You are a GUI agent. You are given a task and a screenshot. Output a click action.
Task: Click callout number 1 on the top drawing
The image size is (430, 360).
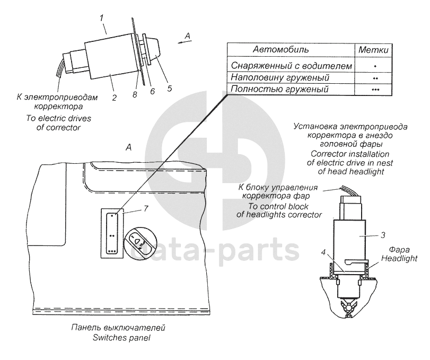pyautogui.click(x=102, y=19)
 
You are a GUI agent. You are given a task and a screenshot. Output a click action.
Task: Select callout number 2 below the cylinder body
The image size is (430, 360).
pyautogui.click(x=115, y=98)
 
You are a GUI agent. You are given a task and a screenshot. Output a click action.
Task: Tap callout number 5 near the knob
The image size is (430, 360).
pyautogui.click(x=170, y=89)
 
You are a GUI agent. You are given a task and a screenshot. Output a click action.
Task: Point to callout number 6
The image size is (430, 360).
pyautogui.click(x=153, y=91)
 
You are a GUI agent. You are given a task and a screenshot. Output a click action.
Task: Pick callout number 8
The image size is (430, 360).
pyautogui.click(x=135, y=94)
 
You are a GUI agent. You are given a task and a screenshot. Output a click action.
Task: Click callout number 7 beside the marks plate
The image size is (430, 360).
pyautogui.click(x=146, y=209)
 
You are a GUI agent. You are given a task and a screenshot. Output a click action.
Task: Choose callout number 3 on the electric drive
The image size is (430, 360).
pyautogui.click(x=383, y=235)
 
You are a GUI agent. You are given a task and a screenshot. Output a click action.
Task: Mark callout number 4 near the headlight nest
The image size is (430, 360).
pyautogui.click(x=323, y=252)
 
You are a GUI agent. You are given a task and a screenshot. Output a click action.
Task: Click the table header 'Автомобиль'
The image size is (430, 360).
pyautogui.click(x=280, y=49)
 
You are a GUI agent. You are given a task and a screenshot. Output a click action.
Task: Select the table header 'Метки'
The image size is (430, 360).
pyautogui.click(x=373, y=50)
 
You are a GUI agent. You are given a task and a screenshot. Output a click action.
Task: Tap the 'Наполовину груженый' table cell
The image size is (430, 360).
pyautogui.click(x=280, y=77)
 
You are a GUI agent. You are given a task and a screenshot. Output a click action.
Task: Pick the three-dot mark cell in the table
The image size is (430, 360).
pyautogui.click(x=375, y=90)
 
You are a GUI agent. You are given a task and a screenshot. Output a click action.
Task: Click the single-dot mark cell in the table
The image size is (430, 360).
pyautogui.click(x=375, y=66)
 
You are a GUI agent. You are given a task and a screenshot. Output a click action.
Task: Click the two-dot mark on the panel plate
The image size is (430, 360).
pyautogui.click(x=112, y=235)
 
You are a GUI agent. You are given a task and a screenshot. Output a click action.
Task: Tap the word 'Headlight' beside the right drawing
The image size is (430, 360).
pyautogui.click(x=399, y=258)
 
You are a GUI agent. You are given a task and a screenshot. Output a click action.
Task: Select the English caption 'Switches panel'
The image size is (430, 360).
pyautogui.click(x=121, y=338)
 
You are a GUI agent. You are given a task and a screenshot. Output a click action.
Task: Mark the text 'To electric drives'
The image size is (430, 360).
pyautogui.click(x=58, y=118)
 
